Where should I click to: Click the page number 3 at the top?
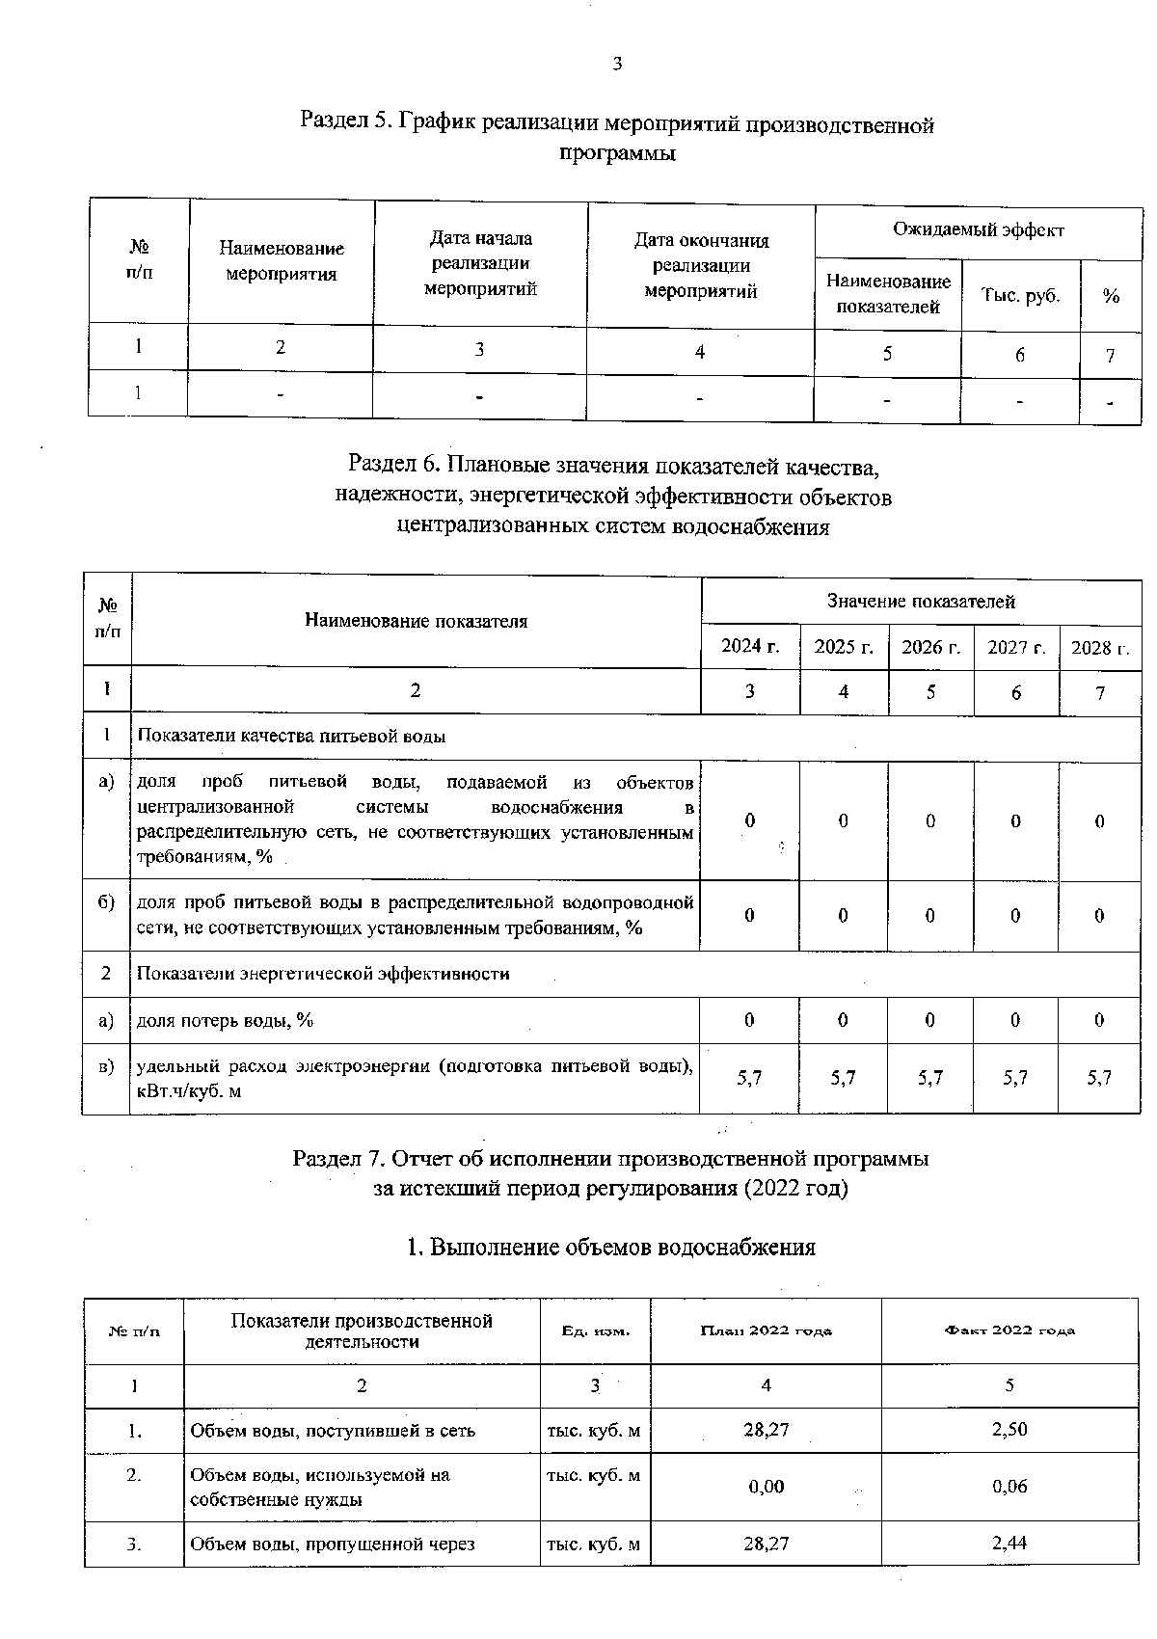coord(617,65)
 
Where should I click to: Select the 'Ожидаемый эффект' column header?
coord(978,230)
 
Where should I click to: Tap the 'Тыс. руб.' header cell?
coord(1020,296)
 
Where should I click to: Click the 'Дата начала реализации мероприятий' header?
coord(480,263)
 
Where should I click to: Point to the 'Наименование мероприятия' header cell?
coord(281,261)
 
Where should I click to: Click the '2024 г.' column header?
coord(749,646)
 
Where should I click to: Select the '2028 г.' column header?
coord(1099,647)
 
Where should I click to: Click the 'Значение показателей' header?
coord(920,602)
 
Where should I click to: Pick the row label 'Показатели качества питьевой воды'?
coord(291,736)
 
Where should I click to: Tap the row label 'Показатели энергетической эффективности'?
coord(323,974)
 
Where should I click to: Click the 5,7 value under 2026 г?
coord(929,1078)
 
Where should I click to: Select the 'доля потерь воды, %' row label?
coord(225,1020)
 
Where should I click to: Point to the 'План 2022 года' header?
coord(766,1330)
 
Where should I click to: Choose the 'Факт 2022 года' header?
coord(1009,1330)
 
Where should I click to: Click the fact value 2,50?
coord(1009,1430)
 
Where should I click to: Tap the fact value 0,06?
coord(1009,1487)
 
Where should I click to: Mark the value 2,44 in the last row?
coord(1009,1544)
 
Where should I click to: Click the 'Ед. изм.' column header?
coord(595,1330)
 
